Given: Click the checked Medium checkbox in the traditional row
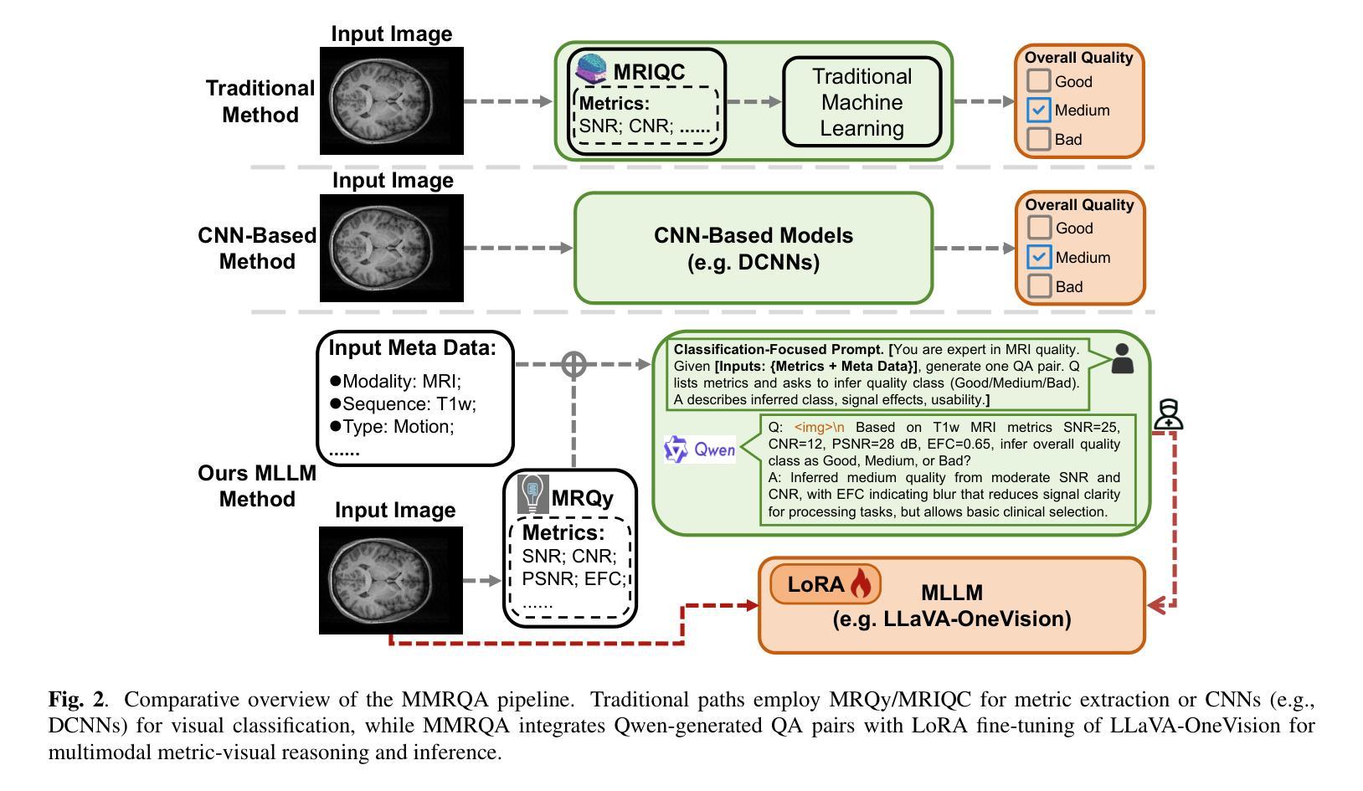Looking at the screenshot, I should coord(1039,110).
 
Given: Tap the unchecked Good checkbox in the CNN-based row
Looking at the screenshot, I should coord(1039,228).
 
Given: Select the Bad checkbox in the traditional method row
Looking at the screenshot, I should coord(1039,139).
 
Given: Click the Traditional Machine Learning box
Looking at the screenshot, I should coord(862,102).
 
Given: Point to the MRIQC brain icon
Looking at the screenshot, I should coord(593,69).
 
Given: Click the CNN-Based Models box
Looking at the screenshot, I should coord(753,248).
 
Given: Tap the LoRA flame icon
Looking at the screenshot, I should coord(861,584).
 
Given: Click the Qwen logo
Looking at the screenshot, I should coord(699,450).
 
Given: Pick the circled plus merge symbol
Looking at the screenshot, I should coord(573,364).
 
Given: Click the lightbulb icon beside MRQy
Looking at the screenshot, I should coord(532,494).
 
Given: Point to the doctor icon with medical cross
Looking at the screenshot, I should coord(1168,414).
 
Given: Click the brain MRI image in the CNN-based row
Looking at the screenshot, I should coord(392,248).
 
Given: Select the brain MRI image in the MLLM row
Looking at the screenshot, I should coord(391,579).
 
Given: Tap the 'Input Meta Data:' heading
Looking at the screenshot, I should coord(412,348).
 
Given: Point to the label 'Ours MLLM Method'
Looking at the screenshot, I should coord(257,486).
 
